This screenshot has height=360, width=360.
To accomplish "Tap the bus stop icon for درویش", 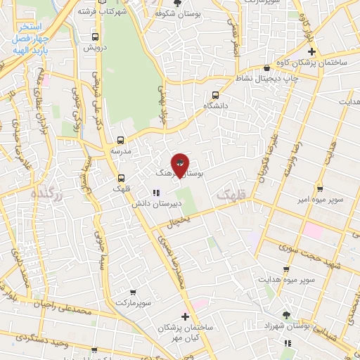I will (x=95, y=37).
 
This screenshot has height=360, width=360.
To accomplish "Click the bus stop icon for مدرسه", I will (x=120, y=140).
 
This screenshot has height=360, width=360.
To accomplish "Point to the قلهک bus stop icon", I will (x=121, y=178).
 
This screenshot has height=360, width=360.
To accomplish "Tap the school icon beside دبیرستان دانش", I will (x=156, y=193).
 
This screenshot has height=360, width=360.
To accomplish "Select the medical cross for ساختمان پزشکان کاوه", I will (x=312, y=51).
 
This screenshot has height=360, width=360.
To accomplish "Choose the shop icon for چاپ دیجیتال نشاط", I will (x=267, y=67).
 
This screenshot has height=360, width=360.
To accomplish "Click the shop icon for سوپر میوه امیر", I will (x=319, y=188).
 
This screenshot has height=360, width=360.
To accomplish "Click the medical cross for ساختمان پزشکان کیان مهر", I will (x=185, y=316).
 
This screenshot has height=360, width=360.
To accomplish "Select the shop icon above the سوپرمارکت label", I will (x=134, y=292).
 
